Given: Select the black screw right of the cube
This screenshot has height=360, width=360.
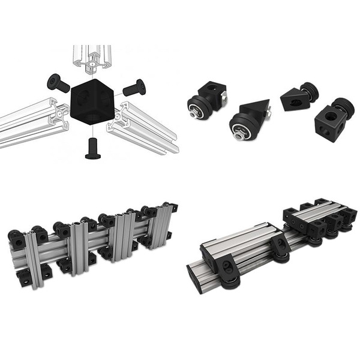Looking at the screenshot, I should click(x=134, y=89).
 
